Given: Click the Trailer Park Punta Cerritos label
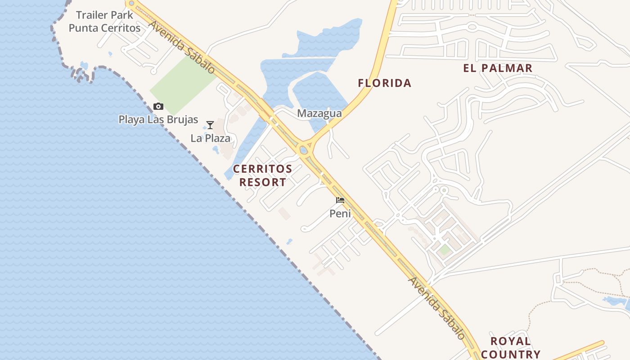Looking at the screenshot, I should [x=104, y=21].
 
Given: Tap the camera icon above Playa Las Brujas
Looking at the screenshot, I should [x=158, y=107].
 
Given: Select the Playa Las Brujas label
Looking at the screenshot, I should [x=158, y=120].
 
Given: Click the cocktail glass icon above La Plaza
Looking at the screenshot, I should [x=210, y=125].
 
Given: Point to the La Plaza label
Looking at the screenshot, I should [x=210, y=138].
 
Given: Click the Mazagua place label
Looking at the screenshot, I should [x=319, y=113].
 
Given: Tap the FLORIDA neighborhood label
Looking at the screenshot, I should [x=384, y=83].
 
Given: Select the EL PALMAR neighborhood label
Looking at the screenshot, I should [x=498, y=68].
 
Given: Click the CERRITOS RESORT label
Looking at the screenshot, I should [x=262, y=175].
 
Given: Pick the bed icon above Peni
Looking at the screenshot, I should [x=340, y=200].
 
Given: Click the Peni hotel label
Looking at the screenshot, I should [x=340, y=213].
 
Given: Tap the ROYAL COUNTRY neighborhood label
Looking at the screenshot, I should [x=510, y=347].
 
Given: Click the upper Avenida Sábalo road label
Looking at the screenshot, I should [x=182, y=47].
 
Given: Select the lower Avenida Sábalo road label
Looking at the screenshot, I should [x=436, y=308].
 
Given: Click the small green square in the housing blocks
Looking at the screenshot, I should [x=445, y=250].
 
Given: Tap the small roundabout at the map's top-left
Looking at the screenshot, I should [x=131, y=4].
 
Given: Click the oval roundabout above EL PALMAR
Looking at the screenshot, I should [x=472, y=27].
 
